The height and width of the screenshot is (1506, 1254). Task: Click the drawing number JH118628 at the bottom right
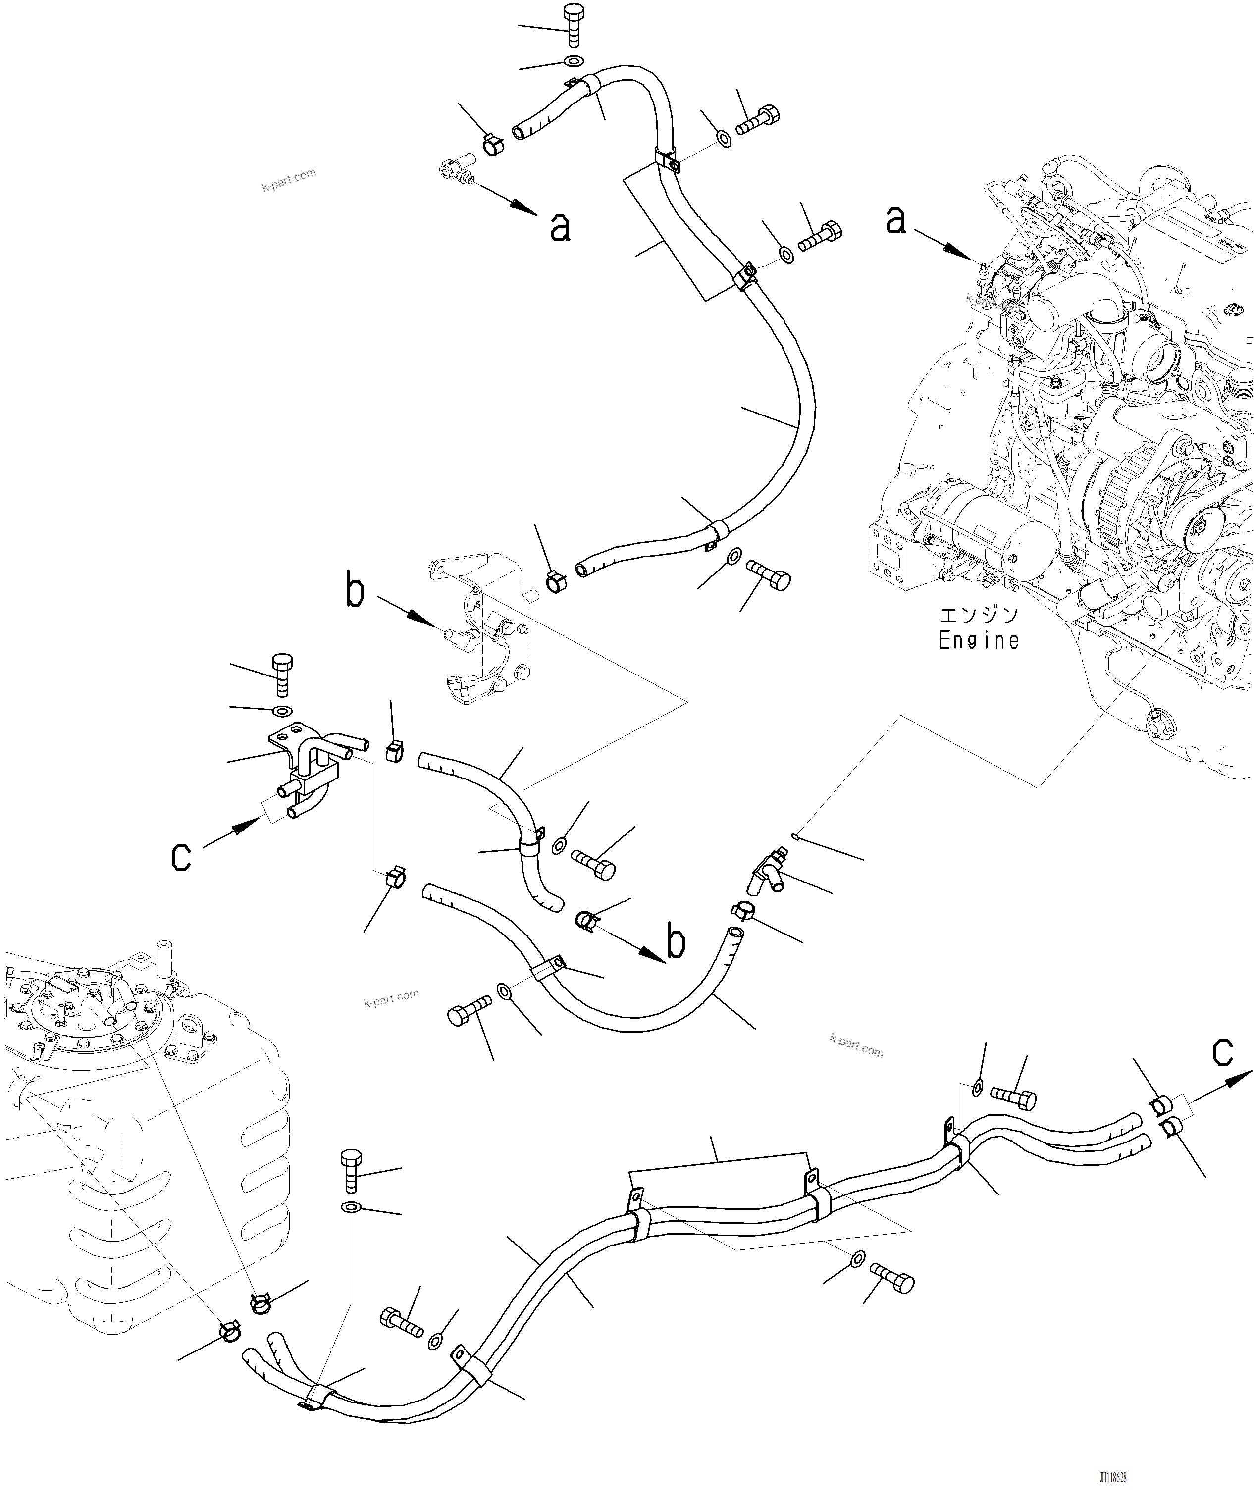point(1113,1478)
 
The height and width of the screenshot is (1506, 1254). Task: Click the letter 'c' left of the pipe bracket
point(181,856)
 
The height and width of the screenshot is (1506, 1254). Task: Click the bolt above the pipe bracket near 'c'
point(281,674)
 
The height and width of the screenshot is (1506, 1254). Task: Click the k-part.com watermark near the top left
point(288,179)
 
